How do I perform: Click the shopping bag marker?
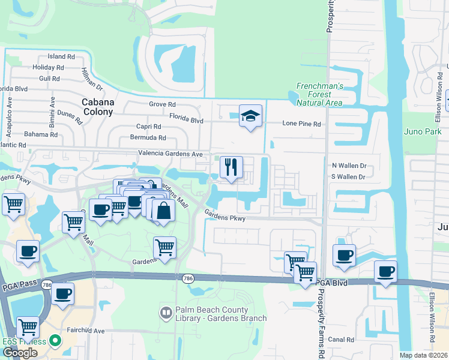163,210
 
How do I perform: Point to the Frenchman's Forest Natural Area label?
319,94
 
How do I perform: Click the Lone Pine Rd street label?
302,124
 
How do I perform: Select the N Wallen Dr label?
349,165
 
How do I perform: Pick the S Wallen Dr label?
349,176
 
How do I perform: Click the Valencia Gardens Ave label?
170,154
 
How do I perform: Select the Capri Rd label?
148,127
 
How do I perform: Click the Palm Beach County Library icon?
165,313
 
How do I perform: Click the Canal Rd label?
342,340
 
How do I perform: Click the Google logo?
20,352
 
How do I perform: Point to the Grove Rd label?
162,104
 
